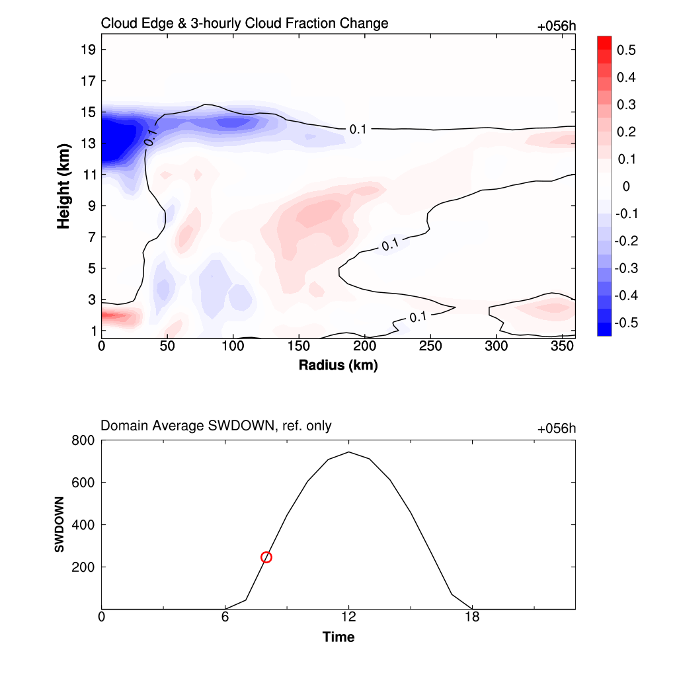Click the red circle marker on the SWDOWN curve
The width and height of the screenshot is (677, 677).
pyautogui.click(x=266, y=557)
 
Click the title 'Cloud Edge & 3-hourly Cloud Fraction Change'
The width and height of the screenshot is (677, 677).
pyautogui.click(x=244, y=24)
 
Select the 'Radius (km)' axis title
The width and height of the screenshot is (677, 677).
pyautogui.click(x=338, y=365)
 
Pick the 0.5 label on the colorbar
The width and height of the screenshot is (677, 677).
pyautogui.click(x=626, y=50)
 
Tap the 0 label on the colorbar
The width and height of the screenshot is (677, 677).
pyautogui.click(x=626, y=186)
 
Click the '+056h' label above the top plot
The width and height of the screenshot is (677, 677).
pyautogui.click(x=557, y=26)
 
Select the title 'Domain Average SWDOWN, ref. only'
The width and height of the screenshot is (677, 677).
pyautogui.click(x=216, y=426)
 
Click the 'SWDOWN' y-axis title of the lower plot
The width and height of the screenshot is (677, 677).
pyautogui.click(x=59, y=524)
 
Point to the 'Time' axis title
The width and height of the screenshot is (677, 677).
pyautogui.click(x=338, y=637)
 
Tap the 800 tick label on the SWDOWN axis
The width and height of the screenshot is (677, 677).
pyautogui.click(x=83, y=440)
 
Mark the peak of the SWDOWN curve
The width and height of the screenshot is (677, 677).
pyautogui.click(x=348, y=452)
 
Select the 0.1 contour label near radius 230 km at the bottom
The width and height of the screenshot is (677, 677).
pyautogui.click(x=418, y=317)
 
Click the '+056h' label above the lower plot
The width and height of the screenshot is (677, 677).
pyautogui.click(x=557, y=428)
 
